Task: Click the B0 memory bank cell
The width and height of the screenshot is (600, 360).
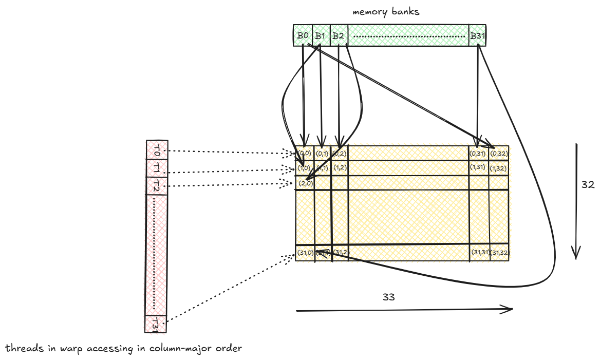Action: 303,35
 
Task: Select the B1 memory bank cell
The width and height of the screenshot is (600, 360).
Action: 321,35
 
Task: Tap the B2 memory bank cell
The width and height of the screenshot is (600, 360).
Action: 338,35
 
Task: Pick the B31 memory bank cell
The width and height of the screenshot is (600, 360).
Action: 477,35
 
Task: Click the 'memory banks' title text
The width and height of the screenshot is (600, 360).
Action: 386,11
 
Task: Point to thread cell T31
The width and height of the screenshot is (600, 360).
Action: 156,324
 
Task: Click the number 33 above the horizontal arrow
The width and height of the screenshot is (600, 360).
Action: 389,297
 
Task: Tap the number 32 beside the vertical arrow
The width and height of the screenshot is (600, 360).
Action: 588,185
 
